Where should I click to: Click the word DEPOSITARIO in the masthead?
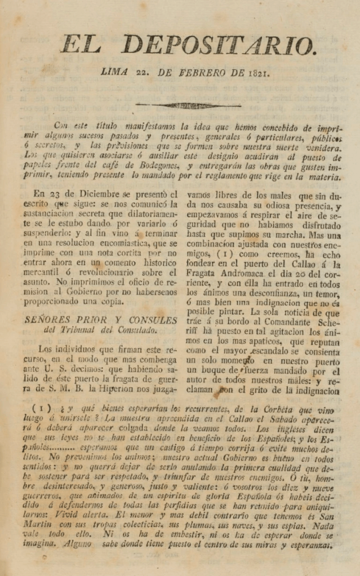coord(219,44)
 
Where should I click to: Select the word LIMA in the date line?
coord(114,72)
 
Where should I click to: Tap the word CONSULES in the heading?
coord(153,320)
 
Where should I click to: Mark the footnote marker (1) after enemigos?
coord(216,253)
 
